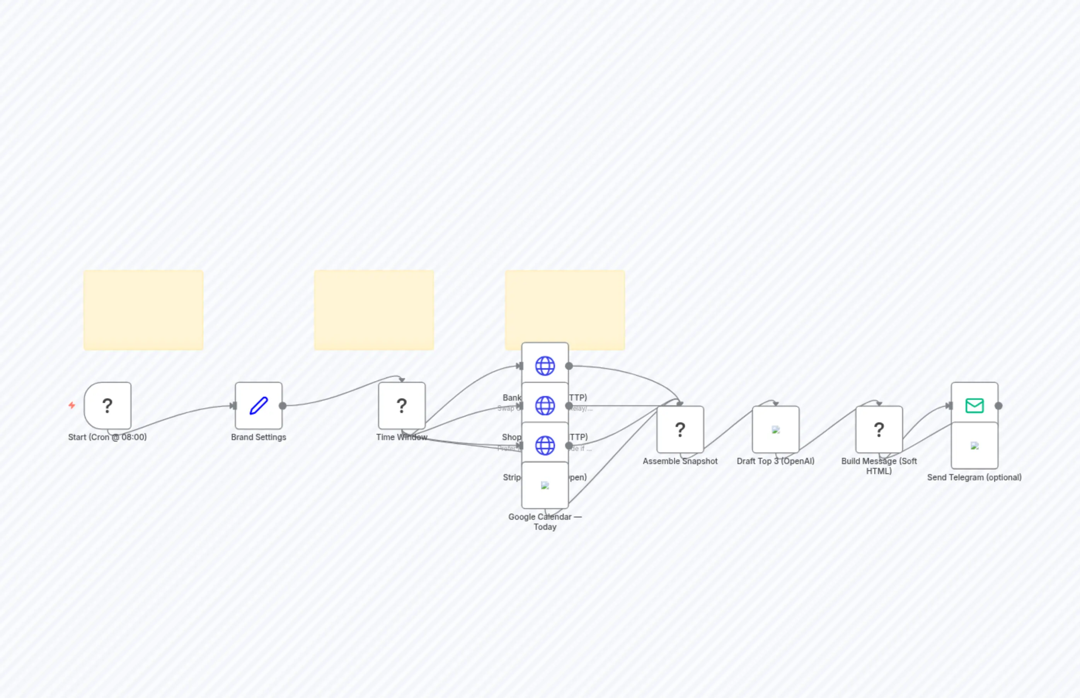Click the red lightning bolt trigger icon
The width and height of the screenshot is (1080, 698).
[x=72, y=405]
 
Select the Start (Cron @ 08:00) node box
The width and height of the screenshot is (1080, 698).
[x=107, y=406]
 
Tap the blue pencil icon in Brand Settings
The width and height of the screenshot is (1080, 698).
[x=259, y=406]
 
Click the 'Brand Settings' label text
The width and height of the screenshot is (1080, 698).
[x=258, y=437]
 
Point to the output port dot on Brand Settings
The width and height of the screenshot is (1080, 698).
[x=283, y=406]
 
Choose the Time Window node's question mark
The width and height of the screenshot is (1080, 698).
[x=401, y=406]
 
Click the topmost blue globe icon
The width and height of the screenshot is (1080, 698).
[x=545, y=366]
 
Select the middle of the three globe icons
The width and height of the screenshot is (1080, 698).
[x=545, y=406]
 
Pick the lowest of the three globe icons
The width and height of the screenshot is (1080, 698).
[x=545, y=445]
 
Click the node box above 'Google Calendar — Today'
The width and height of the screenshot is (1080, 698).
[x=545, y=485]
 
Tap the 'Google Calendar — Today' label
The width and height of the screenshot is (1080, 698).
[x=545, y=522]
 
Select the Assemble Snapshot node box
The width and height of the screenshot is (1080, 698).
[x=680, y=429]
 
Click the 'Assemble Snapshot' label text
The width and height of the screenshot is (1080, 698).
[x=680, y=461]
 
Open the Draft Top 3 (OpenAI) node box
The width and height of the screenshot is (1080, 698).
[x=775, y=429]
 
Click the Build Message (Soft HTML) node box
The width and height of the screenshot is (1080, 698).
[x=879, y=429]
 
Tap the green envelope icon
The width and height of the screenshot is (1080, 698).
[x=974, y=405]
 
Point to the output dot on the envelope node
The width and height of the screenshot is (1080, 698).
[x=998, y=406]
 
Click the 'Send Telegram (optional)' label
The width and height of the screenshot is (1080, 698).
[x=974, y=477]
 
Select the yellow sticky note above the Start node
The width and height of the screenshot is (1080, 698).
[x=143, y=310]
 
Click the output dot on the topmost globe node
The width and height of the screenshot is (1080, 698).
[x=569, y=366]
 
